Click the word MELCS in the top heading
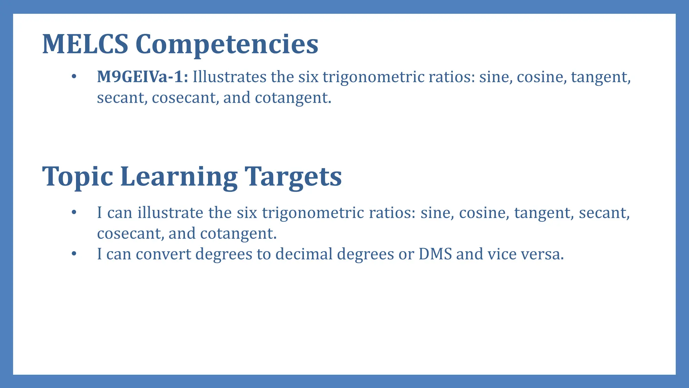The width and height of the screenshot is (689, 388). click(x=85, y=44)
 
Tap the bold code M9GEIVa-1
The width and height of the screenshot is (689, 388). click(x=142, y=77)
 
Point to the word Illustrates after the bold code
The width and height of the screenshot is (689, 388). click(x=229, y=77)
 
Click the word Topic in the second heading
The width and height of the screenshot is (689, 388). click(x=77, y=177)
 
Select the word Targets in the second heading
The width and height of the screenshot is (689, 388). click(x=293, y=177)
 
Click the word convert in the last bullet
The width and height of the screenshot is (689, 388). click(x=164, y=254)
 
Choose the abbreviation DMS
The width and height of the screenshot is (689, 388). click(x=435, y=254)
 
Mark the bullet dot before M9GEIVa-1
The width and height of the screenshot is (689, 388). click(x=74, y=77)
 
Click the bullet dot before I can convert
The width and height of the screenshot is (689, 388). click(x=74, y=254)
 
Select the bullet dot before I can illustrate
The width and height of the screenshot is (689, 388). click(x=74, y=213)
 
